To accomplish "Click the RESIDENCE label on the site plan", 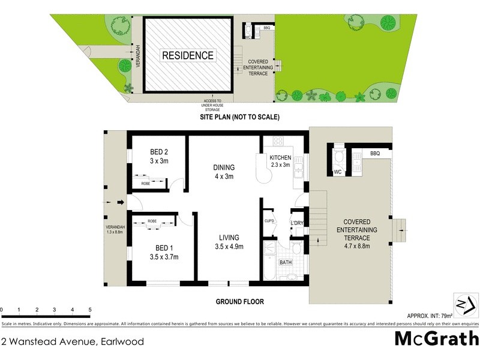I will click(187, 56).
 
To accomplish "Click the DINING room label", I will click(223, 167).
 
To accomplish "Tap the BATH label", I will click(286, 262).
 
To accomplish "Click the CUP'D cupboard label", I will click(269, 220).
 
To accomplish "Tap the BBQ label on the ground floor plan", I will click(375, 154).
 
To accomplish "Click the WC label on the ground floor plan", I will click(337, 172).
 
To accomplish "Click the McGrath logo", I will click(436, 340).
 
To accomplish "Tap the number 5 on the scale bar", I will click(90, 310).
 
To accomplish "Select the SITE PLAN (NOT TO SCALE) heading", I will click(240, 117).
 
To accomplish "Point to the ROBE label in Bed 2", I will click(146, 184).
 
